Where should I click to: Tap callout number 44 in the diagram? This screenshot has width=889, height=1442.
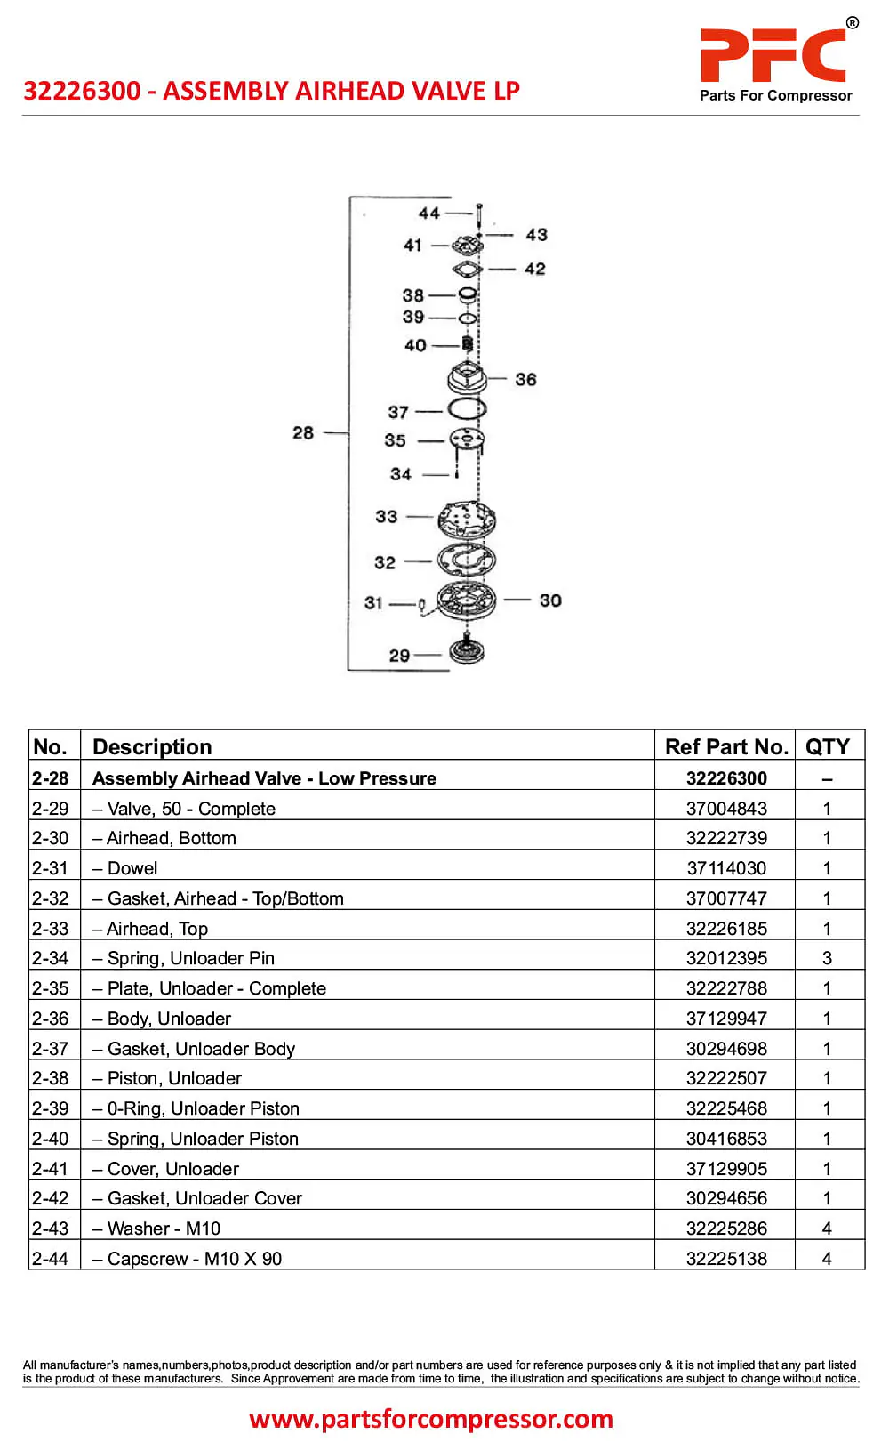(429, 213)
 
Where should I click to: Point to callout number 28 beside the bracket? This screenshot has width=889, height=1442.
(303, 432)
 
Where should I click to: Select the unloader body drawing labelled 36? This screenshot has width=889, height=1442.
(467, 377)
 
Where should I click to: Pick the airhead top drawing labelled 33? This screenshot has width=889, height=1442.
(467, 520)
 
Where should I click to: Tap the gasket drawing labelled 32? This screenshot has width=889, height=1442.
(467, 560)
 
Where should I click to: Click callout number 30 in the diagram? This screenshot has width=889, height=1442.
(550, 600)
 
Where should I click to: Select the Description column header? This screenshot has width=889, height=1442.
(152, 746)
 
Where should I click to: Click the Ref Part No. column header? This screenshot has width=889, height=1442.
(726, 746)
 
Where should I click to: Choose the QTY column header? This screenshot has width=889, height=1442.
(828, 746)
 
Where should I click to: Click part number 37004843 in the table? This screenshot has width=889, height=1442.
(726, 809)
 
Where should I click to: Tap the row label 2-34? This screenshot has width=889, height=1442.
(50, 959)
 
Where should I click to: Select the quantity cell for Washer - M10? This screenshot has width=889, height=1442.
(828, 1229)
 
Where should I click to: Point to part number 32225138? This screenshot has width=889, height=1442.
(726, 1259)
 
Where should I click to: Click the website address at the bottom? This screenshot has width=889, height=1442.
(431, 1419)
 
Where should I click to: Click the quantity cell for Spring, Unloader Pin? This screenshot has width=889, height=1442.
(828, 959)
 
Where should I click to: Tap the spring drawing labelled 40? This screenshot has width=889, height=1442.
(468, 344)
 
